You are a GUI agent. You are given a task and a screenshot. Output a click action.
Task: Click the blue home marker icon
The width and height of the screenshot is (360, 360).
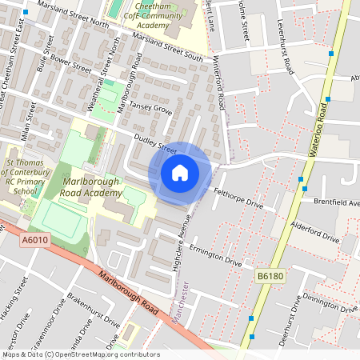tap(180, 173)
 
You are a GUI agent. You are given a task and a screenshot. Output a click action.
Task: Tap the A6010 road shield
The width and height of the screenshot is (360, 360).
tap(34, 239)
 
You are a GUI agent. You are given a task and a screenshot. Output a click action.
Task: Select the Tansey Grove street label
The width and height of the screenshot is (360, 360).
tap(151, 110)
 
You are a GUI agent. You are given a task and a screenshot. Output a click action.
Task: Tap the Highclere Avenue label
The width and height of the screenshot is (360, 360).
tap(182, 240)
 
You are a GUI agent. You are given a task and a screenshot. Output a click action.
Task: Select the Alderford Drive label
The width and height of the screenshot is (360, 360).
tap(317, 233)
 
